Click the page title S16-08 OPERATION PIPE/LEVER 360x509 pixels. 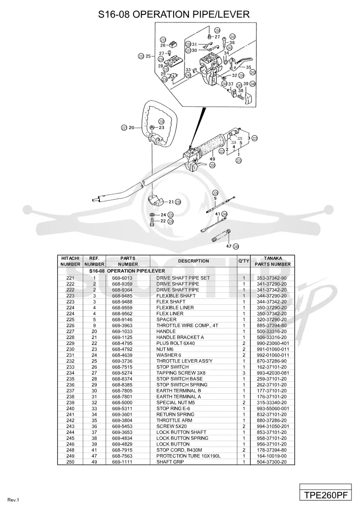[174, 14]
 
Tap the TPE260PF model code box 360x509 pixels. [325, 495]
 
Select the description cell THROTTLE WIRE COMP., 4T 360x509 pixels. [187, 325]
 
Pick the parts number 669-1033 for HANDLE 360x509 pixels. [122, 331]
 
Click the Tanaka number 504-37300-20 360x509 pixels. [272, 462]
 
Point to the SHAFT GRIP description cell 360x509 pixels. [170, 462]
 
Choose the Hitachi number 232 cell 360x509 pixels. [70, 361]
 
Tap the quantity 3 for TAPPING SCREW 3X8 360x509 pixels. [244, 373]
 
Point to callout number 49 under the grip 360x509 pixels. [212, 159]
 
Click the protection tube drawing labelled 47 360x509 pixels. [221, 236]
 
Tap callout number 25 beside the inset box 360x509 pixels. [148, 56]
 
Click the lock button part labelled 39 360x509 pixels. [249, 97]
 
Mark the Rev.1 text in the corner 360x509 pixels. [13, 500]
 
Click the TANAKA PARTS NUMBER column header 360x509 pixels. [273, 261]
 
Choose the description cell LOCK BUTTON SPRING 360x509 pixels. [182, 438]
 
